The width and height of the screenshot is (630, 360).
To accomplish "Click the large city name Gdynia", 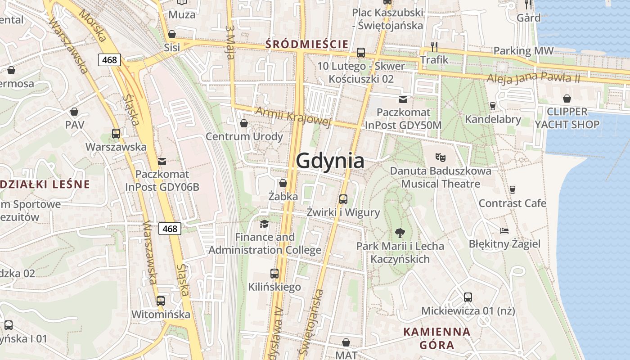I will (x=330, y=161).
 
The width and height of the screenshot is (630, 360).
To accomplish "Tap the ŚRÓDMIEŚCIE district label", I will (x=307, y=44).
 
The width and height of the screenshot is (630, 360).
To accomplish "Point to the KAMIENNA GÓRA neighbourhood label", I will (x=437, y=338).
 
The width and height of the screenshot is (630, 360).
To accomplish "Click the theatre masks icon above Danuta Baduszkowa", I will (x=440, y=157).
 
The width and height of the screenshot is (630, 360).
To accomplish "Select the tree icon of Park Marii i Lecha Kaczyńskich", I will (x=400, y=233).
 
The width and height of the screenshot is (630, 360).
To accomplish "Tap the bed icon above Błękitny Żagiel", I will (x=504, y=231).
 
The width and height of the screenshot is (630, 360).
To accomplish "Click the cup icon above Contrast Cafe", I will (x=512, y=189).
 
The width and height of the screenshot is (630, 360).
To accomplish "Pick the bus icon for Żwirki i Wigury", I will (x=343, y=199).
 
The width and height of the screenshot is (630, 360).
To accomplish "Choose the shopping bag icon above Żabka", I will (x=283, y=183).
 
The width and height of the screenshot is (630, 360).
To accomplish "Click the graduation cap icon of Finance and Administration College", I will (x=265, y=224).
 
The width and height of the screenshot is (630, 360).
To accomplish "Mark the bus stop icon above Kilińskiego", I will (x=274, y=273).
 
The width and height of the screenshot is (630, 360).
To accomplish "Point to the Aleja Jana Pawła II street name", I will (x=533, y=77).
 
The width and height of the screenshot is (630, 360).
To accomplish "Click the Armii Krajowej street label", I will (x=293, y=116).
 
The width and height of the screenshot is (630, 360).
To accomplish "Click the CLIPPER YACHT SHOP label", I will (x=567, y=118).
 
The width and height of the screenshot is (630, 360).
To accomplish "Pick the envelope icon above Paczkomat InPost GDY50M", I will (x=403, y=99).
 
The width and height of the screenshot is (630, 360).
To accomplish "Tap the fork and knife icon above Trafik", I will (x=434, y=46).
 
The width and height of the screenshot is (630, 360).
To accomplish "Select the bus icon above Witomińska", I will (x=161, y=301).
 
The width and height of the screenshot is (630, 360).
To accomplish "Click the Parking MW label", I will (x=523, y=51).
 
